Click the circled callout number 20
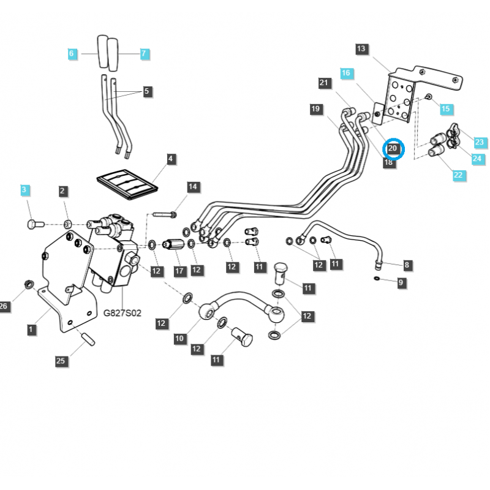[393, 149]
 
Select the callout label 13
[361, 49]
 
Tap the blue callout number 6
[72, 54]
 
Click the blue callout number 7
[144, 54]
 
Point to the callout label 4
[170, 159]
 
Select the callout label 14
[192, 186]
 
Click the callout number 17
[179, 271]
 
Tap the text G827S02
[123, 313]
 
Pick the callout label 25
[61, 361]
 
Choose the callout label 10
[179, 337]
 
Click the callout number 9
[401, 282]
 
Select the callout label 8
[407, 265]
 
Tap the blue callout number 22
[458, 175]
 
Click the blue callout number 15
[445, 109]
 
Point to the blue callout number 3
[24, 190]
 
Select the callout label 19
[315, 110]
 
